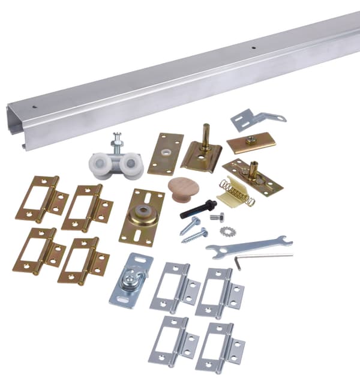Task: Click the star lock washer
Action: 227,231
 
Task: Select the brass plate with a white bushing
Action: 142,217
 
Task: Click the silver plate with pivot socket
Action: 131,281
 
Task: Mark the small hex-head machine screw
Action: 217,217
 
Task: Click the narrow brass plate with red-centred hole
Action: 166,154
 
